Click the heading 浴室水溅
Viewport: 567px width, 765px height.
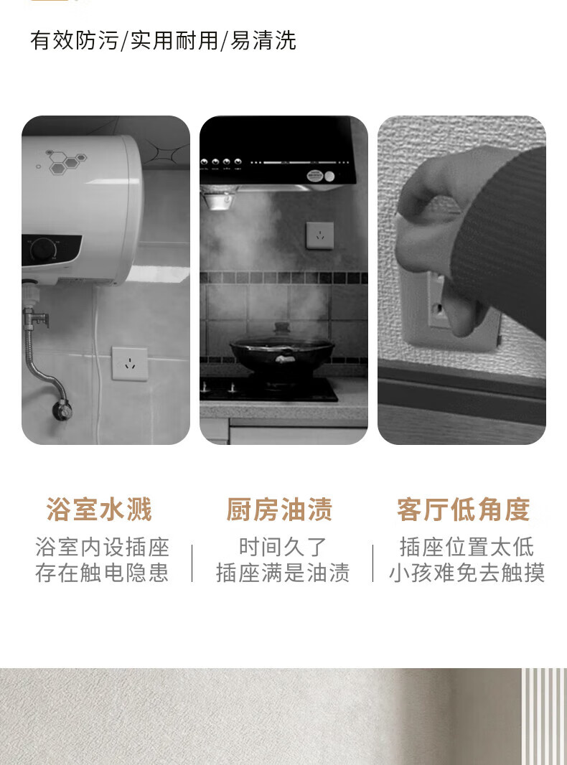(99, 510)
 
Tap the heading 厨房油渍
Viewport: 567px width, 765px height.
(279, 510)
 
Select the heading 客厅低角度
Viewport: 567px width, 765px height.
(463, 510)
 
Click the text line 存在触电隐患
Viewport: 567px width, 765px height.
(102, 572)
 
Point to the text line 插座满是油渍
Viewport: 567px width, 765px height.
(283, 572)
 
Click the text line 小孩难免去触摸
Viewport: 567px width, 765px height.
(467, 572)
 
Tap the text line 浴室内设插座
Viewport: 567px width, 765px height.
(102, 547)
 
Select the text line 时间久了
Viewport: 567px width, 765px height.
(283, 547)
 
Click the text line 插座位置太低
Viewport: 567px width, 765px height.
(467, 547)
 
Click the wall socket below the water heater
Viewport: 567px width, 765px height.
(130, 363)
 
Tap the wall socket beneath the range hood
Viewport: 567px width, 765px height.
(320, 235)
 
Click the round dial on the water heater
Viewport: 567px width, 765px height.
(44, 249)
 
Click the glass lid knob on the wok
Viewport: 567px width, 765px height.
(281, 327)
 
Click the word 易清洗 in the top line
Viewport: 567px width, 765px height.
(263, 40)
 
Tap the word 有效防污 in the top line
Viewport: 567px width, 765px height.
(74, 40)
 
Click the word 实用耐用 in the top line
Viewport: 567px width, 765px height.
(174, 40)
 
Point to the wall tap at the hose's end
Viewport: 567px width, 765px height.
(62, 408)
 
